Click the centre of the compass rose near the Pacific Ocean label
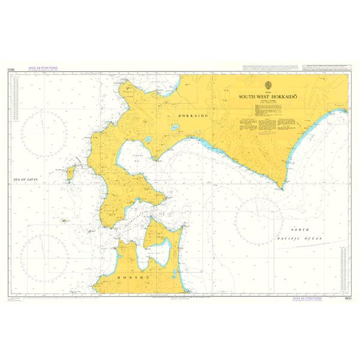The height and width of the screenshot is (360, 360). point(260,217)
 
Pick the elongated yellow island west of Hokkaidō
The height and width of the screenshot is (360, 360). point(70,173)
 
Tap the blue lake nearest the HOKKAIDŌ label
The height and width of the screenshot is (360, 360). point(175,127)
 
